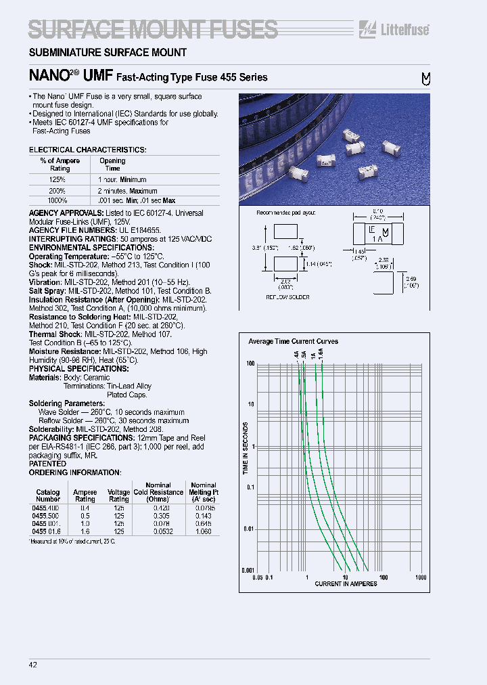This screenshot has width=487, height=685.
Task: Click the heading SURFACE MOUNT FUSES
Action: pyautogui.click(x=153, y=29)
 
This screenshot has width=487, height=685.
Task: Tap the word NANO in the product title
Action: pyautogui.click(x=49, y=76)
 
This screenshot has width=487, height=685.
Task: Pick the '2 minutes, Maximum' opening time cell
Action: pyautogui.click(x=128, y=191)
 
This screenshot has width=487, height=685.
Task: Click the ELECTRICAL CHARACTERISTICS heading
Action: pyautogui.click(x=87, y=149)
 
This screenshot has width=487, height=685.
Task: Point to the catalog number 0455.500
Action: pyautogui.click(x=46, y=514)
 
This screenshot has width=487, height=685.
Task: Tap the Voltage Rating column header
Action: pyautogui.click(x=119, y=495)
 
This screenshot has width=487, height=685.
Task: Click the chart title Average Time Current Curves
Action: pyautogui.click(x=293, y=341)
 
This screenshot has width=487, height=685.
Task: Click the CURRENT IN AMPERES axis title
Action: pyautogui.click(x=346, y=583)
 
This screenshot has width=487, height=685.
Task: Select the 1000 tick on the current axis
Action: pyautogui.click(x=421, y=577)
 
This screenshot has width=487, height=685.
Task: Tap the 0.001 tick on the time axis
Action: pyautogui.click(x=248, y=571)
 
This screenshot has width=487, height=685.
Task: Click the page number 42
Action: pyautogui.click(x=33, y=665)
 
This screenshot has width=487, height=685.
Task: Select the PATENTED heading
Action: pyautogui.click(x=47, y=464)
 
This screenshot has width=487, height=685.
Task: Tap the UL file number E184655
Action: pyautogui.click(x=143, y=230)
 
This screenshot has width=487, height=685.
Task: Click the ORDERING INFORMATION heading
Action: pyautogui.click(x=74, y=472)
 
